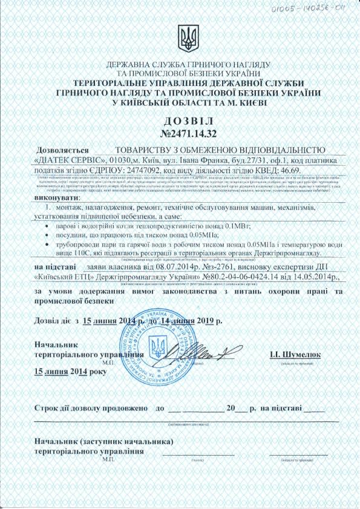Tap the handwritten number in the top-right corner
point(319,10)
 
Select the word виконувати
point(57,197)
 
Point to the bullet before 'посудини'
point(48,233)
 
